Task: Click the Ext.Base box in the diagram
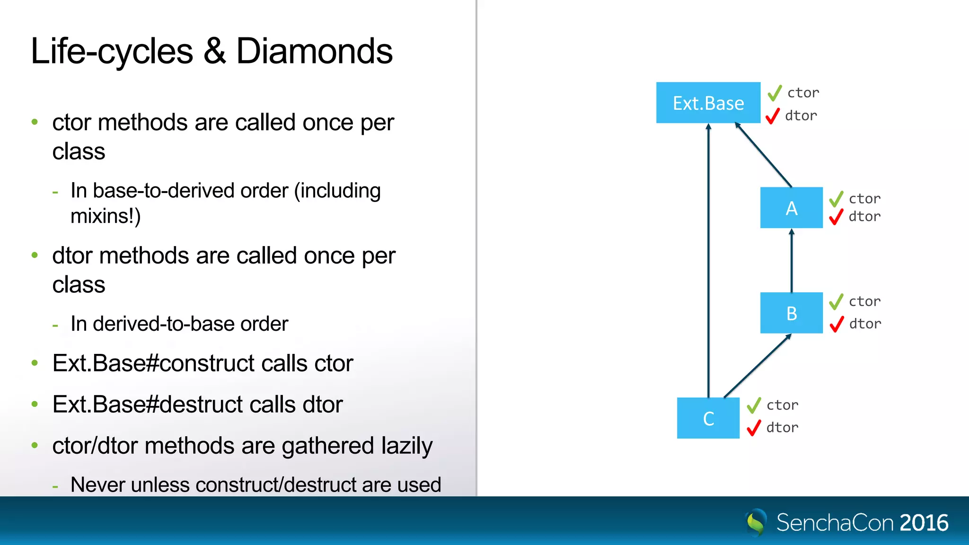click(708, 103)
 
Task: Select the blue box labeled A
click(791, 208)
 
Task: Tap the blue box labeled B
click(791, 313)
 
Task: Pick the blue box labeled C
click(708, 418)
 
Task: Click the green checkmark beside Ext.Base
click(775, 93)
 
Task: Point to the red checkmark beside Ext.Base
click(772, 115)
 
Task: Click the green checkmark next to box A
click(836, 199)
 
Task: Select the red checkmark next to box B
click(837, 324)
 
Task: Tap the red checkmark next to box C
click(753, 428)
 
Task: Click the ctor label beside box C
click(783, 405)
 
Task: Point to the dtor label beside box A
click(864, 217)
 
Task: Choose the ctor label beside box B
click(864, 301)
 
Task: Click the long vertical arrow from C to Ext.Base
click(708, 260)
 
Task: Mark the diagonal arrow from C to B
click(757, 366)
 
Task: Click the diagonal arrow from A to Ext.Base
click(763, 155)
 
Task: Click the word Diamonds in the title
click(314, 51)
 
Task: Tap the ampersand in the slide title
click(214, 51)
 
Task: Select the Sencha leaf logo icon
click(756, 522)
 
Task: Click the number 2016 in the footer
click(924, 523)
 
